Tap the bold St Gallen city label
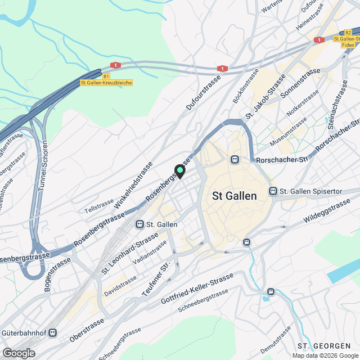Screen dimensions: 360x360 (235, 196)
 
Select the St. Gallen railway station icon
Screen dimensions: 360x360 (139, 224)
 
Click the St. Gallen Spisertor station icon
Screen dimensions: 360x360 (273, 191)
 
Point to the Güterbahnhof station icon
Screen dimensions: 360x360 (53, 332)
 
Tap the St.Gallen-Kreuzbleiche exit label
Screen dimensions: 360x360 (106, 83)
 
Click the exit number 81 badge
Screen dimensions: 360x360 (106, 76)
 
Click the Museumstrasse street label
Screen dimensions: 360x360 (288, 133)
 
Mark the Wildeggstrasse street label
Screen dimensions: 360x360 (326, 213)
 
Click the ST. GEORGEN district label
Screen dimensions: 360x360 (327, 345)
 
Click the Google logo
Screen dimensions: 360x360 (19, 353)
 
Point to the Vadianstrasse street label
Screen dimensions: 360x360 (150, 253)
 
